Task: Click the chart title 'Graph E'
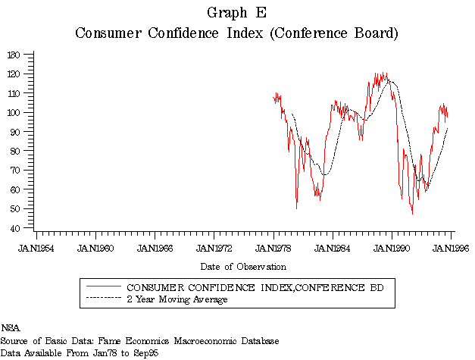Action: [x=236, y=12]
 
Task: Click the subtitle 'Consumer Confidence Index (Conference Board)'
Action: [x=236, y=33]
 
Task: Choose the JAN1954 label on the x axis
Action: [x=36, y=247]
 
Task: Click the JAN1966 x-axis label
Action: [x=155, y=247]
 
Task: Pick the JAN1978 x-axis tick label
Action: [x=273, y=247]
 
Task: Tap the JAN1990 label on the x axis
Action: [x=392, y=247]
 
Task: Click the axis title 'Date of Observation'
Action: [x=243, y=267]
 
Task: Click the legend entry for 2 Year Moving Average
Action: [x=177, y=299]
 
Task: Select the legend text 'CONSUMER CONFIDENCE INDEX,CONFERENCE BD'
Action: [x=255, y=288]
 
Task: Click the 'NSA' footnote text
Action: [x=11, y=328]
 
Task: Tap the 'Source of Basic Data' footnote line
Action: [x=140, y=341]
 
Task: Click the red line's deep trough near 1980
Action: [x=296, y=208]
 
